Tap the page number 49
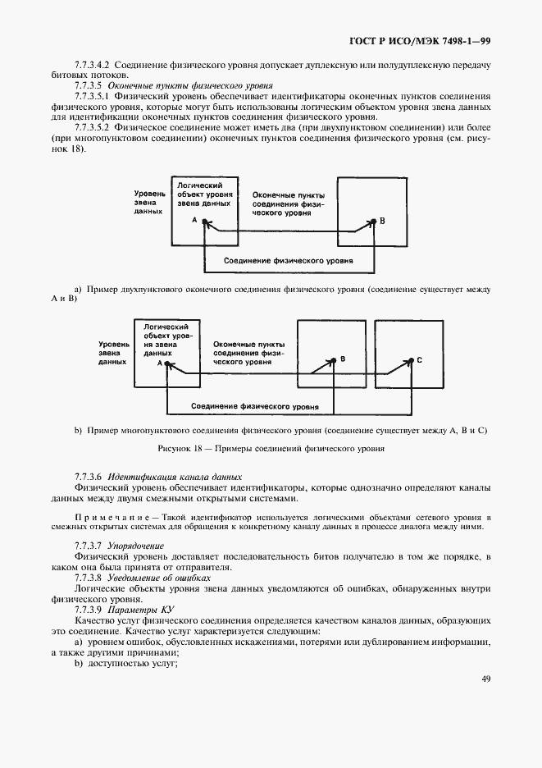click(x=485, y=679)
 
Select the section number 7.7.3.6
click(x=87, y=477)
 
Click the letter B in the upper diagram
click(x=382, y=222)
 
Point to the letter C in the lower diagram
click(x=420, y=360)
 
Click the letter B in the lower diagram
click(x=343, y=359)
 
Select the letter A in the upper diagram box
click(x=194, y=221)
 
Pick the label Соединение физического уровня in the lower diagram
click(x=255, y=406)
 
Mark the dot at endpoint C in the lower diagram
click(x=412, y=359)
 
